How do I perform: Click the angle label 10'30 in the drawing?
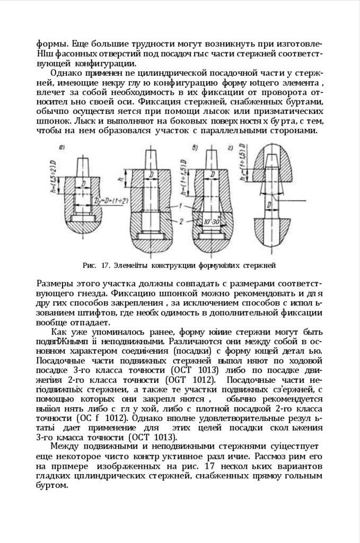[x=212, y=221]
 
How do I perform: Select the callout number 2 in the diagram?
[x=182, y=218]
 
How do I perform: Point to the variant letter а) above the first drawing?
[x=63, y=147]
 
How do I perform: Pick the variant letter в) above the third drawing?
[x=196, y=147]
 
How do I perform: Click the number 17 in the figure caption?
[x=104, y=264]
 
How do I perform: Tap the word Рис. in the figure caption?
[x=89, y=264]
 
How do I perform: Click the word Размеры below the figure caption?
[x=57, y=281]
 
